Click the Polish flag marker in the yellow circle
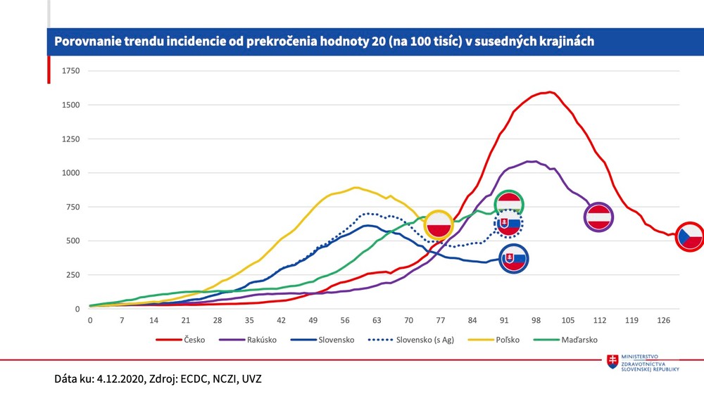439,225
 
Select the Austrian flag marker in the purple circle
599,217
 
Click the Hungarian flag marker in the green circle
509,203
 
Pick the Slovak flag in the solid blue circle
513,259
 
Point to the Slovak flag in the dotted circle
508,224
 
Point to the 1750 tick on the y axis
70,71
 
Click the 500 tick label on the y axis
73,241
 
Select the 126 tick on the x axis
663,320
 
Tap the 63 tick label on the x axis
377,320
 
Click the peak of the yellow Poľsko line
356,187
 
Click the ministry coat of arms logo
613,360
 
